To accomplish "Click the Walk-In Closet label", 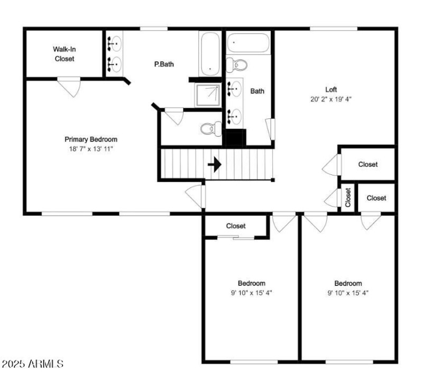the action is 64,54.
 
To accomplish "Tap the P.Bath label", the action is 164,64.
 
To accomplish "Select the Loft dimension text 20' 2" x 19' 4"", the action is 331,99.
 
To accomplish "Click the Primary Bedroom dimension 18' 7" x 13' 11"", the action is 91,149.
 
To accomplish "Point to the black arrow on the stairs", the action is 215,164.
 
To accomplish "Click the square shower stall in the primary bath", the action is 208,95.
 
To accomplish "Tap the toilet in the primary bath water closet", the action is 211,128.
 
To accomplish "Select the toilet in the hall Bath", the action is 236,65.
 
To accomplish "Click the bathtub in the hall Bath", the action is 248,43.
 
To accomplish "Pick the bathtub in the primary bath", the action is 210,54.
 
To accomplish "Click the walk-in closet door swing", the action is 69,86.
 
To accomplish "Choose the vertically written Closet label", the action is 348,198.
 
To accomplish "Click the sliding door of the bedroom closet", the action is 236,238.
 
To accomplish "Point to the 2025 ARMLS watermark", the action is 32,364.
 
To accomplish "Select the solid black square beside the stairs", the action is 234,138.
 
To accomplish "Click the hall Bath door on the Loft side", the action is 270,129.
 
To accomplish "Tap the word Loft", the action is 331,89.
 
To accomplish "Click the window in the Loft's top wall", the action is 334,29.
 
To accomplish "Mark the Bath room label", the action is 258,91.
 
